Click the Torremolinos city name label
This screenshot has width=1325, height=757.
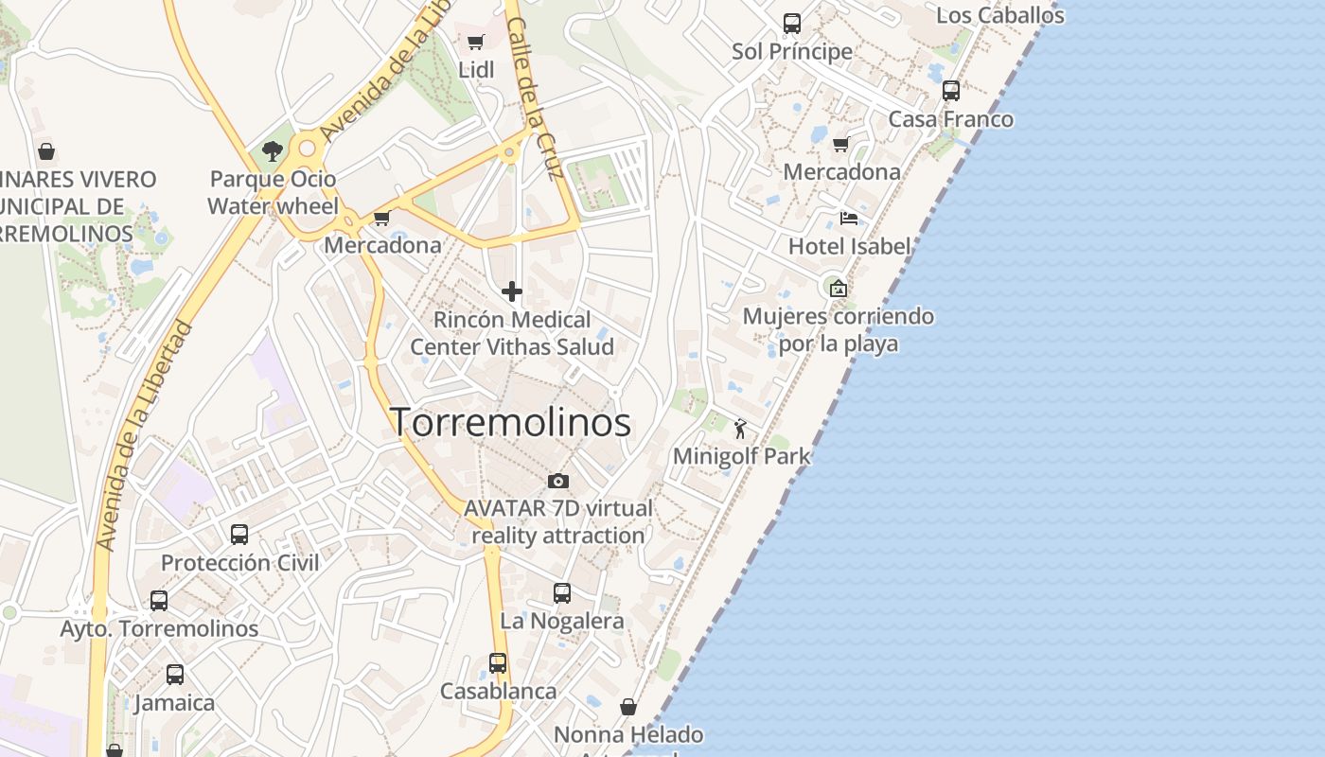tap(511, 422)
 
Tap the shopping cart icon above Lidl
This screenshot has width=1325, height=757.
tap(476, 42)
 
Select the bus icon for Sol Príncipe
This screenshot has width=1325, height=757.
tap(792, 24)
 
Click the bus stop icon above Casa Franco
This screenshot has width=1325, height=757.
tap(951, 91)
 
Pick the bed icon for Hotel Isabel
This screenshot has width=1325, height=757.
tap(849, 219)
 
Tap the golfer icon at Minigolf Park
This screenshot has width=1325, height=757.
tap(740, 429)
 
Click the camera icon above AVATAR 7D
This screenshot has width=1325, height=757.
tap(558, 481)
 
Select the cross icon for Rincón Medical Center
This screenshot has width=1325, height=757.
tap(512, 291)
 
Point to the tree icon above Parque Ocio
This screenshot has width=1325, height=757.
tap(273, 151)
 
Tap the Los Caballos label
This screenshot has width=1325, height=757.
tap(1000, 16)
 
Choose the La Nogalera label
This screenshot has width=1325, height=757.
tap(562, 622)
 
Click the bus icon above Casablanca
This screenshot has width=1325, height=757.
tap(498, 663)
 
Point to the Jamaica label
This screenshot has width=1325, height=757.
tap(175, 703)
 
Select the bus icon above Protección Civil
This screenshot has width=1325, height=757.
tap(239, 535)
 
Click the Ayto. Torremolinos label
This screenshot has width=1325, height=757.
tap(159, 628)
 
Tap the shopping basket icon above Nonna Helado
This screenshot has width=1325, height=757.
tap(628, 707)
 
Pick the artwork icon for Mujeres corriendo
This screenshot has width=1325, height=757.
tap(839, 289)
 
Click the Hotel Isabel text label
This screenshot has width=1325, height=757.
tap(850, 247)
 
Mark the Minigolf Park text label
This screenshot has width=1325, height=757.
tap(742, 457)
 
